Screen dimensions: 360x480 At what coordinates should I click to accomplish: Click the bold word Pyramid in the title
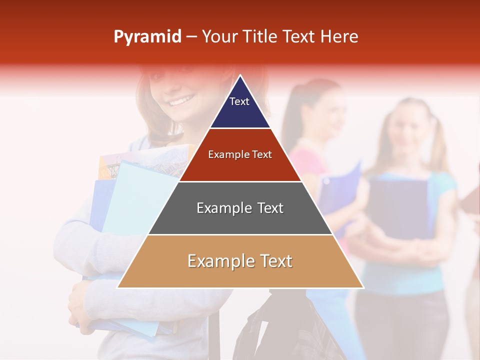(147, 37)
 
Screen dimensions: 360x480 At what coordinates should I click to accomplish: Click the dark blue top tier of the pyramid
(240, 107)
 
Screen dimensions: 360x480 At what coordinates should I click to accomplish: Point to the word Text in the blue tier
(239, 101)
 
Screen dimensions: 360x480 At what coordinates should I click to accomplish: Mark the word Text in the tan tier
(272, 261)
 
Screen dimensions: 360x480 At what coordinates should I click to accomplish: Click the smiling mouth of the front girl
(179, 101)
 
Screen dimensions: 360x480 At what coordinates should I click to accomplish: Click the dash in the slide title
(191, 37)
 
